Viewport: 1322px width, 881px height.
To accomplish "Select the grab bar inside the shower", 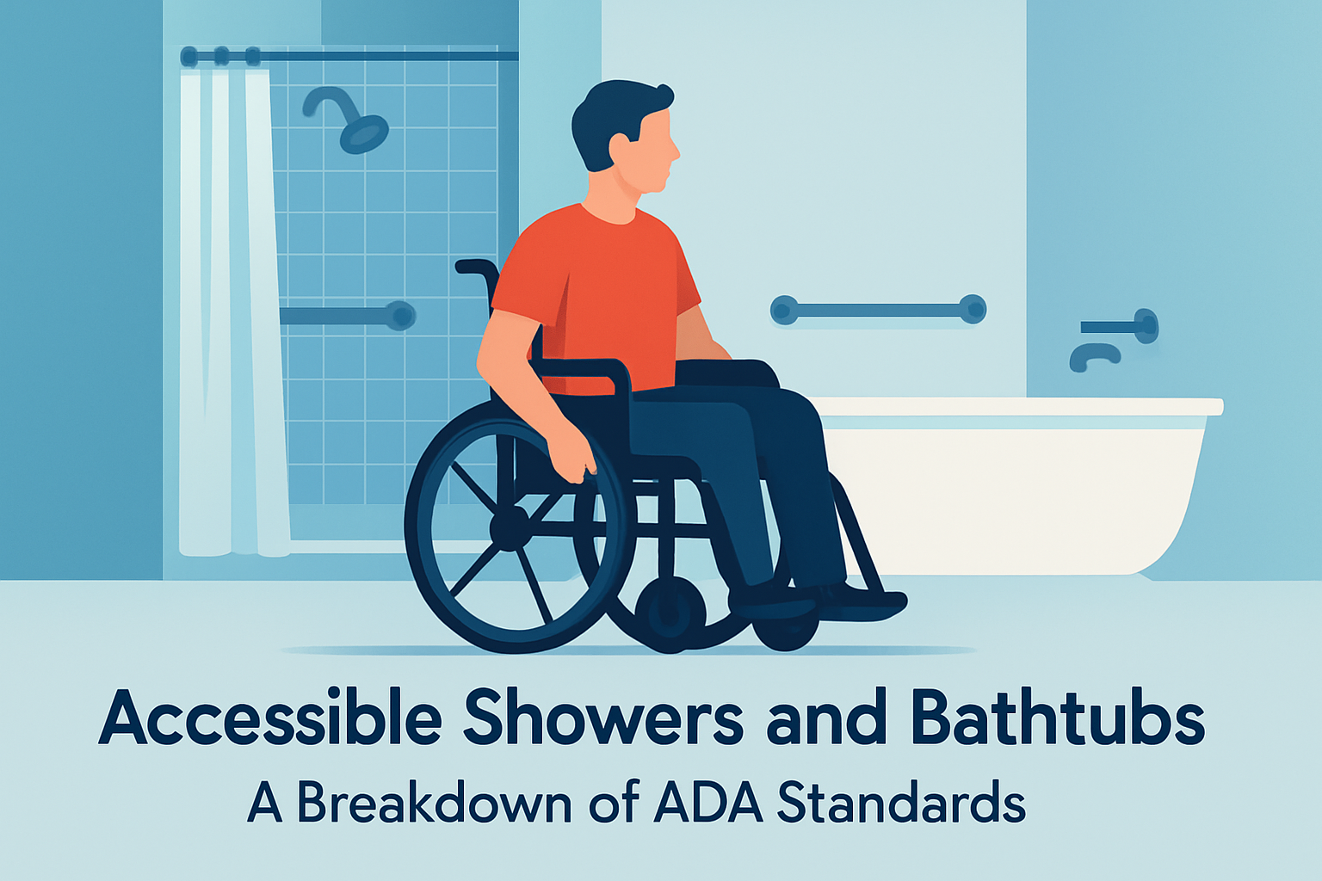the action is click(x=349, y=316).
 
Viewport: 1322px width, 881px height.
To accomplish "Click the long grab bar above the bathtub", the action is click(x=878, y=309).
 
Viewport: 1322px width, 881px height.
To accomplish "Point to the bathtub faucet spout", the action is click(x=1094, y=356).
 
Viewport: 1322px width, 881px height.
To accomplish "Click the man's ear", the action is click(x=620, y=151).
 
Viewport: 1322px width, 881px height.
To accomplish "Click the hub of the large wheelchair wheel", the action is click(x=511, y=527).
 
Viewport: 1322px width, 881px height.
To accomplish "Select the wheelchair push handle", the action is click(x=474, y=266).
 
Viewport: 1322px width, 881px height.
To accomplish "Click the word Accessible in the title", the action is click(x=270, y=718).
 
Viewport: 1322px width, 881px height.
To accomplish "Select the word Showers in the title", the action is click(x=602, y=718).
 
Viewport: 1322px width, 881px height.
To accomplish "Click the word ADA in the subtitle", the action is click(x=707, y=803).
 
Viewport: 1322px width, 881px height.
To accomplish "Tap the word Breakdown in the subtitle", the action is click(x=433, y=803).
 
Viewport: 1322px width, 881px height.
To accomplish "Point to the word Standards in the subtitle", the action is click(x=901, y=803).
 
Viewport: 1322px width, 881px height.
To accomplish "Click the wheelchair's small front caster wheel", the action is click(x=670, y=613).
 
